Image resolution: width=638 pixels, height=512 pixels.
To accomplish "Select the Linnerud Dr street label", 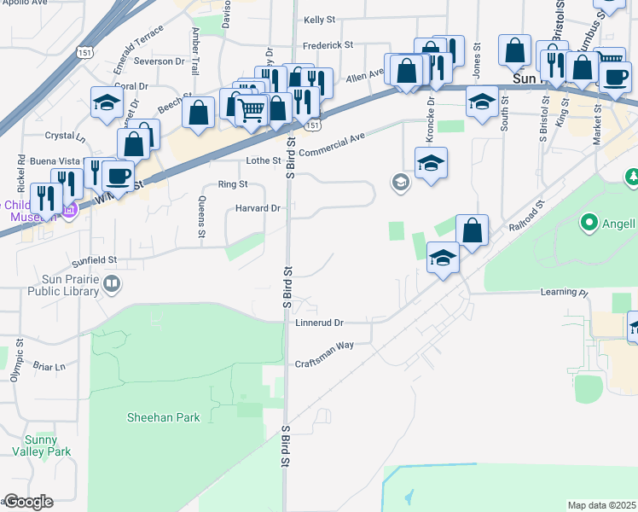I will click(x=319, y=323).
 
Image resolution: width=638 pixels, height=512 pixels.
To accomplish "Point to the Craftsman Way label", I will click(x=324, y=364).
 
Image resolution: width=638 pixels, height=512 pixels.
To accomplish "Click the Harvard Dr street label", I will click(x=258, y=208).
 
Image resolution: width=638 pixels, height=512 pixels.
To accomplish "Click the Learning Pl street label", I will click(x=564, y=293).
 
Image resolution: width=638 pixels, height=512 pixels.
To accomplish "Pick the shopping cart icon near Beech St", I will click(x=251, y=109).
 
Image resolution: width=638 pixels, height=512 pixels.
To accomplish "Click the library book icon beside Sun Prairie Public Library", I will click(x=111, y=283).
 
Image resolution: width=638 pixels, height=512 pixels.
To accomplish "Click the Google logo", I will click(x=28, y=502).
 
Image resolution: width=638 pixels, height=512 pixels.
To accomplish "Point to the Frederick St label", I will click(x=328, y=45).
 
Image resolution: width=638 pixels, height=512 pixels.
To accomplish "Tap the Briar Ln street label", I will click(x=49, y=367).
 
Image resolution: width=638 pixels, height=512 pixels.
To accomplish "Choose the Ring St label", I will click(x=232, y=184).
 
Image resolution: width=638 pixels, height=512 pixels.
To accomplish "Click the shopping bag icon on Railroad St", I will click(x=472, y=230).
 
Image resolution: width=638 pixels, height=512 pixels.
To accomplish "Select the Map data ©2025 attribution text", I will click(x=601, y=505).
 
